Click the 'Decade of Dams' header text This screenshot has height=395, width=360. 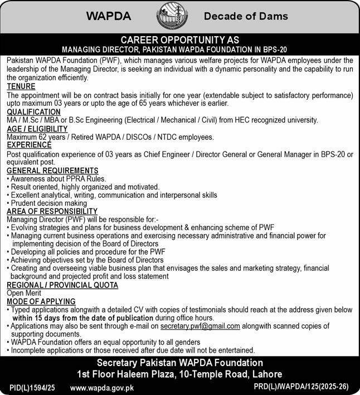click(246, 16)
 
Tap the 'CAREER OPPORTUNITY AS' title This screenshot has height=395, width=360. click(180, 40)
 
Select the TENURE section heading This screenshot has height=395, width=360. click(21, 87)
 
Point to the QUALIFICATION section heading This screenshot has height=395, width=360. click(34, 111)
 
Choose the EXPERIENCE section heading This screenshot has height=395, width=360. click(30, 145)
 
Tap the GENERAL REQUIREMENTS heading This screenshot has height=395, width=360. click(52, 170)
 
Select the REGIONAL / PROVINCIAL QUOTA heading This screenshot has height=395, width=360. click(62, 285)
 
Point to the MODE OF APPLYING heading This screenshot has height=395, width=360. click(41, 301)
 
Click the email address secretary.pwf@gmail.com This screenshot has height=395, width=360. click(200, 326)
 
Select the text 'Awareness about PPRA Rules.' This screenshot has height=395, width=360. click(58, 179)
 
